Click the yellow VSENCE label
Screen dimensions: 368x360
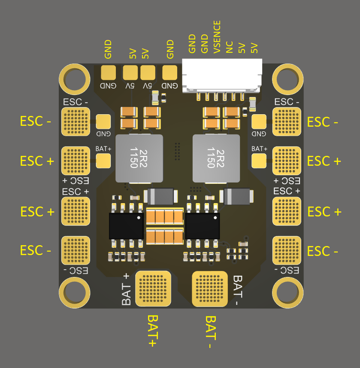(217, 37)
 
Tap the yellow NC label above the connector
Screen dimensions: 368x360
(230, 47)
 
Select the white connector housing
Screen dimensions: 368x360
(222, 75)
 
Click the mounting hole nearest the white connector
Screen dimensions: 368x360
(288, 78)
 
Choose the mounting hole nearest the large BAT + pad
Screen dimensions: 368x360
(73, 294)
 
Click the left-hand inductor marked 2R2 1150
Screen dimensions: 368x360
(139, 158)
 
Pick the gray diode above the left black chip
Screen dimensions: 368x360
(161, 196)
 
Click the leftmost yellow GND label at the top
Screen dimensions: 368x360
(108, 49)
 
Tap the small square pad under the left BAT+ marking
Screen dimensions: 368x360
(103, 161)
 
